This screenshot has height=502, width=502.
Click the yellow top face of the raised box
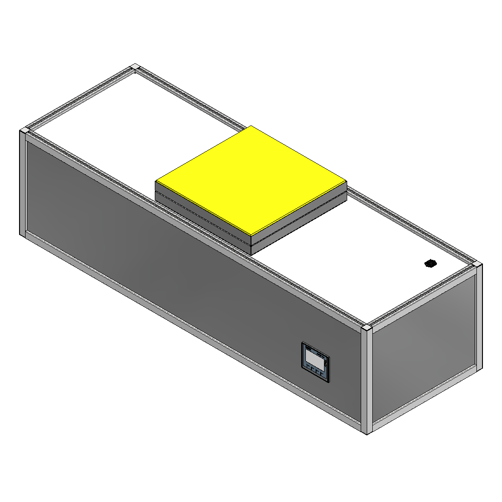coord(251,179)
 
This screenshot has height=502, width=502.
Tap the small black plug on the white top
coord(430,264)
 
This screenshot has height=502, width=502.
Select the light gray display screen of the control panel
coord(314,359)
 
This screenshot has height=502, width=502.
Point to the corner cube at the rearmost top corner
coord(135,67)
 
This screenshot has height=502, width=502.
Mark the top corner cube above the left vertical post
coord(23,132)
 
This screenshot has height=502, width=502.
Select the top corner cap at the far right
coord(478,265)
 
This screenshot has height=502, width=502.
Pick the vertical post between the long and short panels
coord(367,381)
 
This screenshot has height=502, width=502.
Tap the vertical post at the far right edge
coord(479,316)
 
